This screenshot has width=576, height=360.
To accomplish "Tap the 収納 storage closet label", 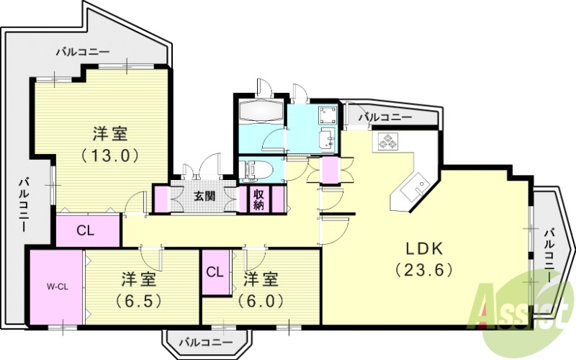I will click(258, 199).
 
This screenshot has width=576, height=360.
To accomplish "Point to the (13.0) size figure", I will click(109, 153).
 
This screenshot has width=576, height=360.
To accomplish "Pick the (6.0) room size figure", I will click(261, 299).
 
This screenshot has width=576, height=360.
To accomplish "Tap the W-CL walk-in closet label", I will click(58, 286).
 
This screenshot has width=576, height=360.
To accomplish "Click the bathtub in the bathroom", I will click(261, 112).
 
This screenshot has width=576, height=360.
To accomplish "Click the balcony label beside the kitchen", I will click(385, 116).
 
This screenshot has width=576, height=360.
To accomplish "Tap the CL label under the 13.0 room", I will click(86, 231).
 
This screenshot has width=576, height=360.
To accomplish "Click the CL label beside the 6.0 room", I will click(215, 272).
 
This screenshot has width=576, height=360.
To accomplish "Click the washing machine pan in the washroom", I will click(327, 115).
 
